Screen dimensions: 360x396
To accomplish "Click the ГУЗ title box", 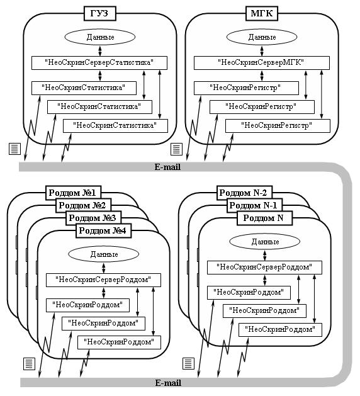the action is coord(99,13).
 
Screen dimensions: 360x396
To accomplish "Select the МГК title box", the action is coord(262,13).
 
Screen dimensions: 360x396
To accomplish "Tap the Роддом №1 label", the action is coord(73,193).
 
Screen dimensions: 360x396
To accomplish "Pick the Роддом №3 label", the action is coord(93,218).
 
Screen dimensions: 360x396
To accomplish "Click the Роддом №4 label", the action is coord(103,230).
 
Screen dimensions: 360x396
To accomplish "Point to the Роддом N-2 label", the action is coord(244,193).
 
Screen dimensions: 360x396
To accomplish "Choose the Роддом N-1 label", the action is coord(254,205).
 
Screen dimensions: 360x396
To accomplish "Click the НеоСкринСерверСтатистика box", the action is coord(99,63).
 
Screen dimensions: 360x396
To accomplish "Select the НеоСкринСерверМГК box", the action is coord(262,63).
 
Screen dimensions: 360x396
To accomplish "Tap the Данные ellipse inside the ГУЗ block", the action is coord(100,37).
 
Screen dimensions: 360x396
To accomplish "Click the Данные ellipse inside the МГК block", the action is coord(262,37).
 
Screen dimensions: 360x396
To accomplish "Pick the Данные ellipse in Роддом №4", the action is coord(104,254).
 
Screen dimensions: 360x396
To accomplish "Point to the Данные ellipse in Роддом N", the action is coord(265,241).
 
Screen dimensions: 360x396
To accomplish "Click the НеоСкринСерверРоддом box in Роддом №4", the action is coord(103,280).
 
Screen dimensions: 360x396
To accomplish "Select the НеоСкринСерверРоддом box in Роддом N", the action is coord(264,268).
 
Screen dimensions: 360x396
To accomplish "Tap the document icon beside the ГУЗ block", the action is coord(14,149).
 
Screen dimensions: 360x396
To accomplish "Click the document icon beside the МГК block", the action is coord(176,149).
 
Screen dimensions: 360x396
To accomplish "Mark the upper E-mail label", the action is coord(167,167).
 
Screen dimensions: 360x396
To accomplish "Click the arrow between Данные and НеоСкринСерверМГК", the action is coord(262,51).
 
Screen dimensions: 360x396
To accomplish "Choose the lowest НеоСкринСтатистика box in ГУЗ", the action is coord(115,126).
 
